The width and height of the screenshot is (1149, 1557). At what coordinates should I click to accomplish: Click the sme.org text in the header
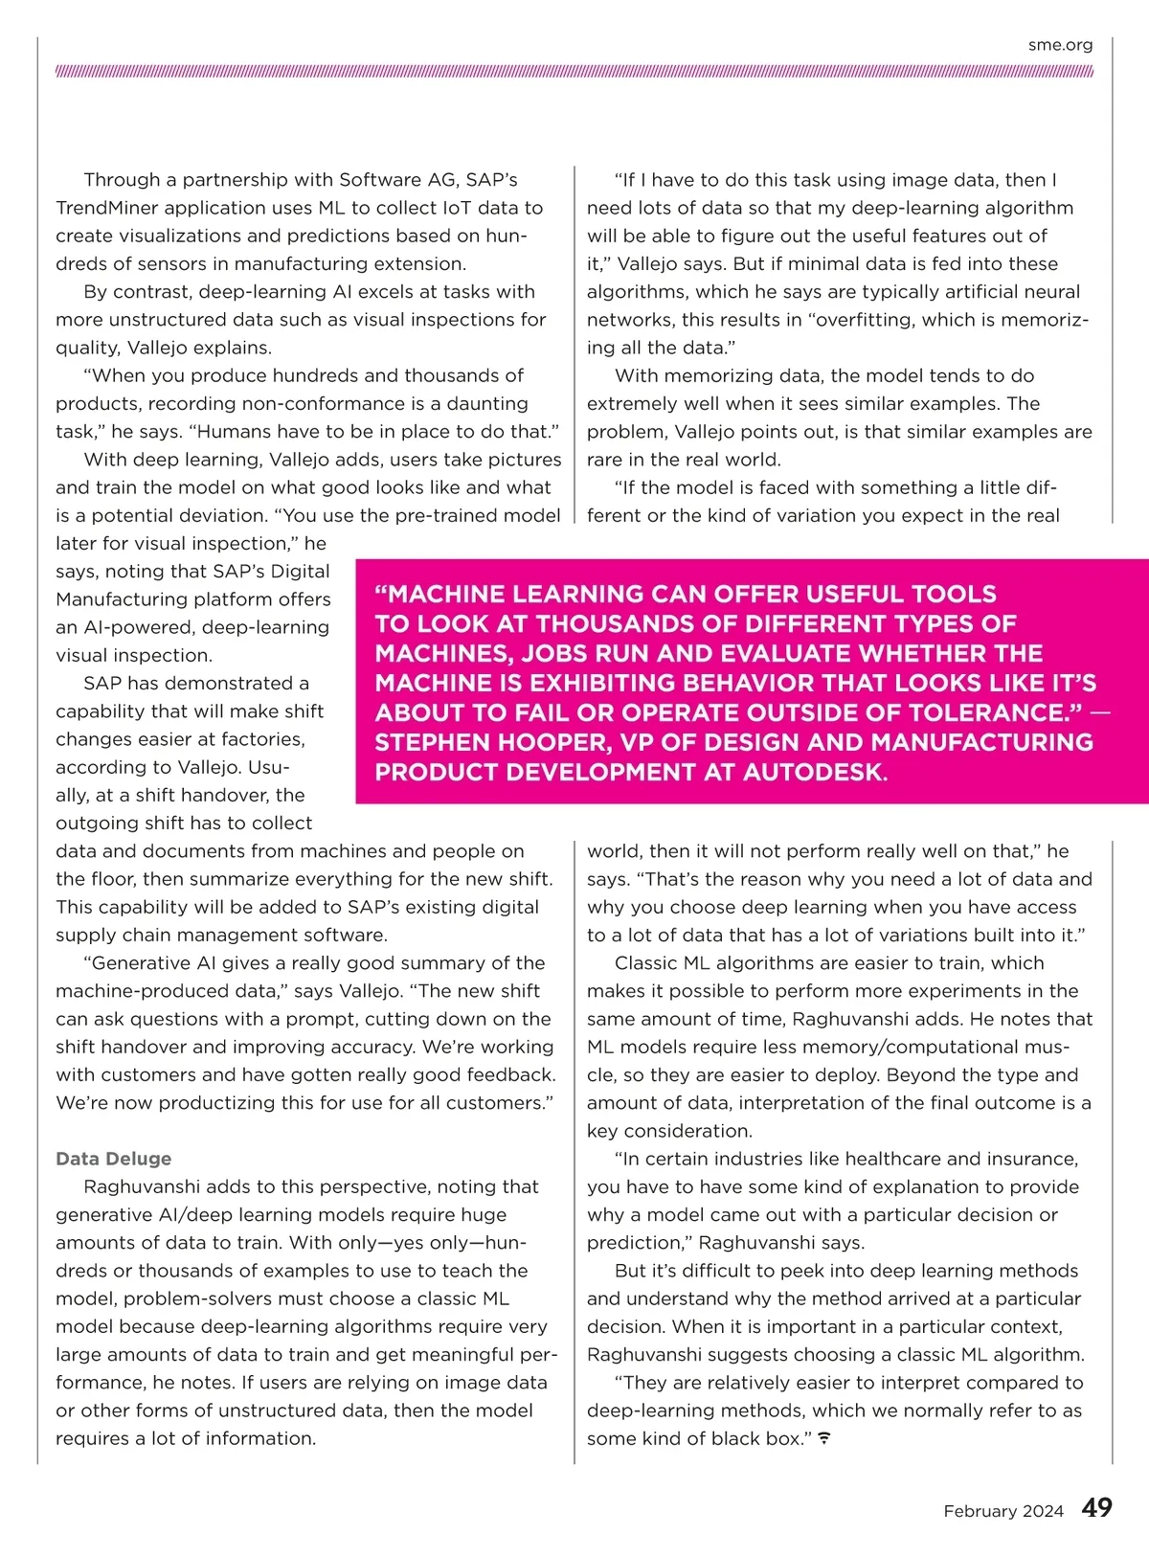click(1060, 45)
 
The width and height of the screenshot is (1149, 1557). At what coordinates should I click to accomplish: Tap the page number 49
click(1096, 1508)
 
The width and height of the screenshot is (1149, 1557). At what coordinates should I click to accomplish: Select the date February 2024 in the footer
click(1003, 1511)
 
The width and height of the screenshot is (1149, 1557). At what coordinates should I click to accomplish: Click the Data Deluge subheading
click(113, 1159)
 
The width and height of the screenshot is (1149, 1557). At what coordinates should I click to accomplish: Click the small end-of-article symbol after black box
click(823, 1438)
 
